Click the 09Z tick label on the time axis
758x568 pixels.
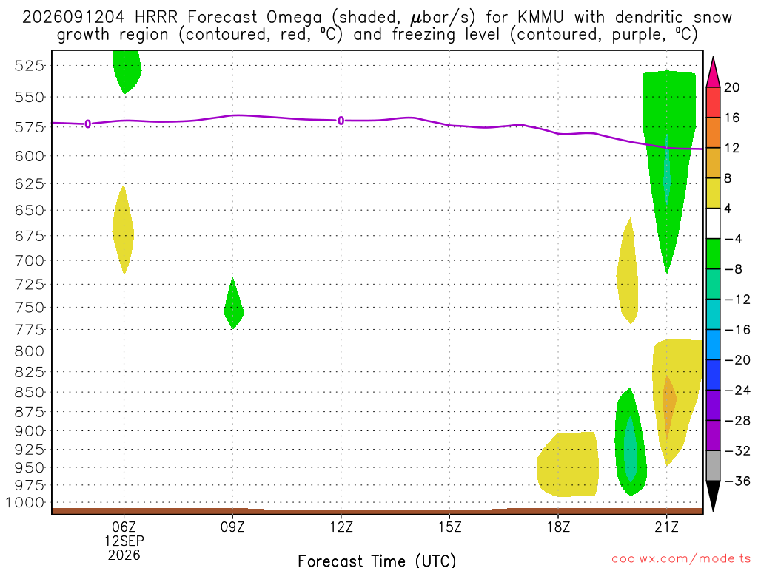pyautogui.click(x=232, y=527)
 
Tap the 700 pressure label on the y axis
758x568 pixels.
pyautogui.click(x=30, y=261)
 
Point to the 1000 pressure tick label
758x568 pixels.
pyautogui.click(x=25, y=503)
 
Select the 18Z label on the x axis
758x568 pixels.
pyautogui.click(x=558, y=527)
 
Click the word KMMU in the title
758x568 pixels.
pyautogui.click(x=540, y=18)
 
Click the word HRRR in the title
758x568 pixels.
pyautogui.click(x=156, y=18)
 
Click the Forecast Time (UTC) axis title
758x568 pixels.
pyautogui.click(x=377, y=561)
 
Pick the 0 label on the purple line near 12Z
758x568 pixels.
pyautogui.click(x=341, y=121)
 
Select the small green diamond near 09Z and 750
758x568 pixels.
pyautogui.click(x=233, y=304)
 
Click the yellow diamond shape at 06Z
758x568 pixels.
pyautogui.click(x=124, y=230)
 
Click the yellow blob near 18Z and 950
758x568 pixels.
pyautogui.click(x=568, y=464)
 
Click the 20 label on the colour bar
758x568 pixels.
pyautogui.click(x=731, y=87)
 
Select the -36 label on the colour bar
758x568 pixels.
pyautogui.click(x=737, y=481)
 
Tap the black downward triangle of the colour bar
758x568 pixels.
pyautogui.click(x=713, y=496)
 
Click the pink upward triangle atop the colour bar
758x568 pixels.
pyautogui.click(x=713, y=73)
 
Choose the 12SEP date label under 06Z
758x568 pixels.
pyautogui.click(x=124, y=541)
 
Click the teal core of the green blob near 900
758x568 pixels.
pyautogui.click(x=631, y=449)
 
